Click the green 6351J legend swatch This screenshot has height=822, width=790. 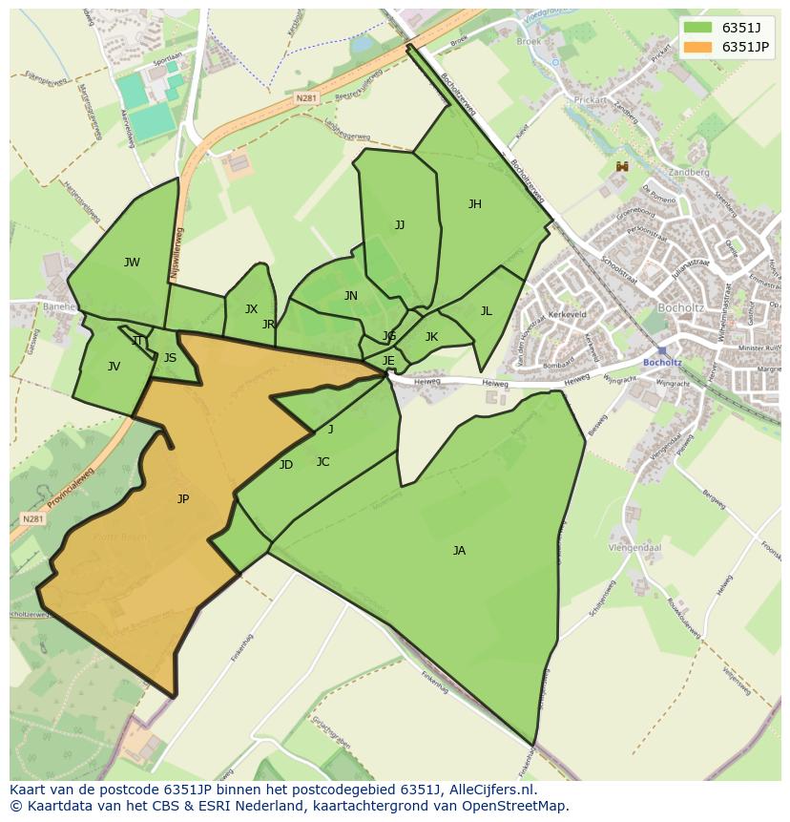tap(697, 28)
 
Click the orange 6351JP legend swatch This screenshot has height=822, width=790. tap(697, 47)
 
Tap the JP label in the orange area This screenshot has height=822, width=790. tap(183, 498)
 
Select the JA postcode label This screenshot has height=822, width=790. tap(459, 550)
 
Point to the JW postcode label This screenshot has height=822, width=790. tap(132, 263)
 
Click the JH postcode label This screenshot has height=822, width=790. tap(474, 203)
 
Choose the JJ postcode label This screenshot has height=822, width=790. tap(400, 225)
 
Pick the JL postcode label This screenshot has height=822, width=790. tap(486, 310)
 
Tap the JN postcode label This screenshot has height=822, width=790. tap(351, 296)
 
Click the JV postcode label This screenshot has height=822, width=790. tap(114, 366)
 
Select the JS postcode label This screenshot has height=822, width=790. tap(170, 358)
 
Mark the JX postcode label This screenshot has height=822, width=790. tap(251, 309)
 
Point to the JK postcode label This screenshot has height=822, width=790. tap(431, 336)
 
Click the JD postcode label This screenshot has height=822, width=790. tap(286, 465)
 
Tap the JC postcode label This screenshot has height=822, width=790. tap(322, 462)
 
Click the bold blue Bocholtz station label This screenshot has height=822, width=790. tap(662, 363)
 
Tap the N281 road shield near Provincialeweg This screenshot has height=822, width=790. tap(32, 518)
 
